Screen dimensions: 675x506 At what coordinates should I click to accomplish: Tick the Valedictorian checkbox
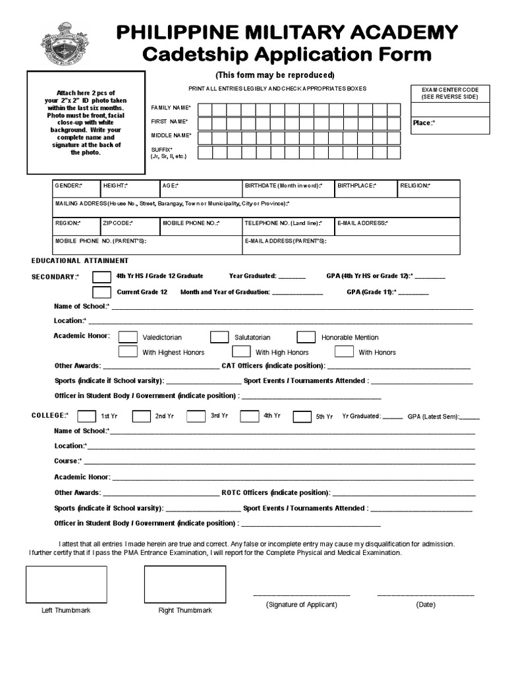point(128,337)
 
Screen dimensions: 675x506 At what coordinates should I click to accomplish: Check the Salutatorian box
point(219,337)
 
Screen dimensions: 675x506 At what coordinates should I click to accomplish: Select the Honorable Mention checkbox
point(306,337)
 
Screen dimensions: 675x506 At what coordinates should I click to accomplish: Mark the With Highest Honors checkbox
point(128,352)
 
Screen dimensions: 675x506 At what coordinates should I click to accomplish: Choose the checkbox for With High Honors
point(241,352)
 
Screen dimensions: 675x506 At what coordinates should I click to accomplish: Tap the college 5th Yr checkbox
point(302,417)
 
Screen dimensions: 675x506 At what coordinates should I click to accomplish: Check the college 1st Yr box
point(86,417)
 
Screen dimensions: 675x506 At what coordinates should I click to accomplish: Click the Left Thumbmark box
point(66,584)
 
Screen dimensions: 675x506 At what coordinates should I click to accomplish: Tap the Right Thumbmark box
point(184,584)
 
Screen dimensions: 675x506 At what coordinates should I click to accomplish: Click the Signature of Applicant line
point(301,595)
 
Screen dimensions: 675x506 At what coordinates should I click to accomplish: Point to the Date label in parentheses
point(426,604)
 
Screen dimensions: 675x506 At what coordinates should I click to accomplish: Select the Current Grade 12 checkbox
point(101,292)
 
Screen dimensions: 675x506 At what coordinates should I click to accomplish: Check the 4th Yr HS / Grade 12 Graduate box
point(101,276)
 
